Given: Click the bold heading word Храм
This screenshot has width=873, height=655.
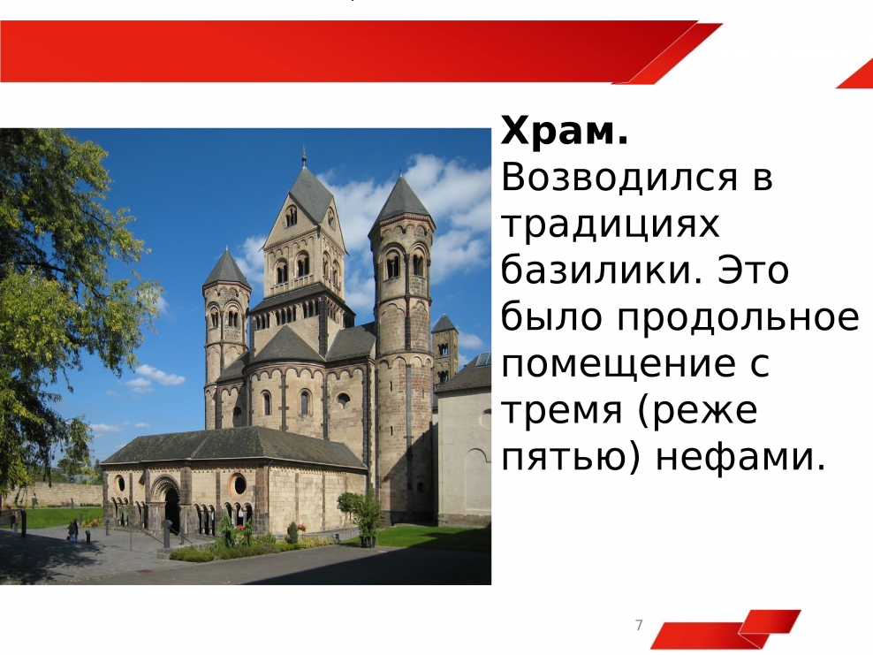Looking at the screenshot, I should click(x=565, y=133).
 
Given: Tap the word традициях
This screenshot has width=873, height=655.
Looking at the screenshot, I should click(x=611, y=225).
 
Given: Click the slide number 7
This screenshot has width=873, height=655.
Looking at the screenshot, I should click(x=639, y=626).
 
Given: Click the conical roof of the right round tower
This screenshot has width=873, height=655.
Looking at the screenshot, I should click(x=402, y=200).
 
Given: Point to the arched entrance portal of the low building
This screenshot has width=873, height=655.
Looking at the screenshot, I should click(x=166, y=503).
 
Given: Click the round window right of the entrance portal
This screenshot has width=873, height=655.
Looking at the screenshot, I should click(x=237, y=484).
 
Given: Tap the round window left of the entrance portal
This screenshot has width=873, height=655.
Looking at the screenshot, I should click(x=119, y=484).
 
